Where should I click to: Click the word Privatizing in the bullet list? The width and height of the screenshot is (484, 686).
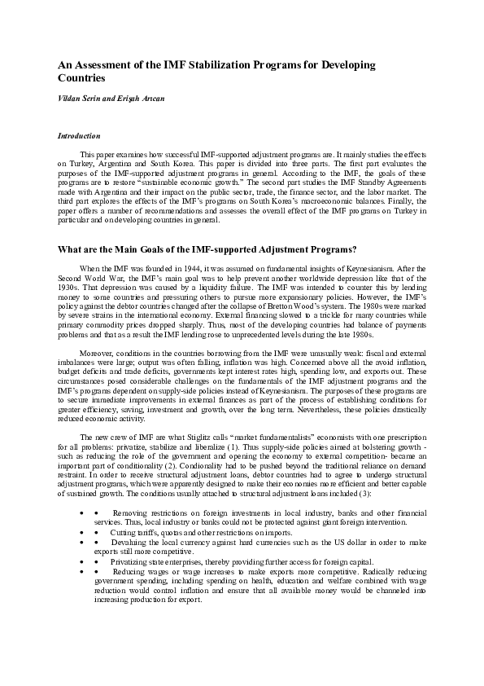point(129,596)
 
